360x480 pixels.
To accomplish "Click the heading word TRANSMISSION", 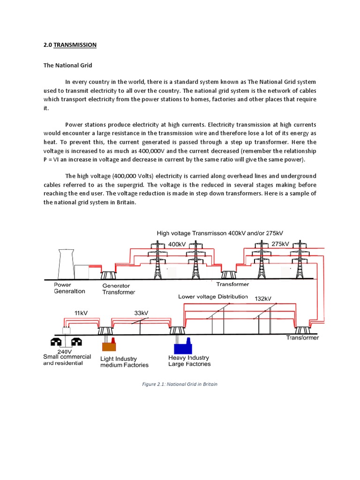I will pos(75,45).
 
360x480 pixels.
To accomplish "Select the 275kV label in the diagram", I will pos(280,244).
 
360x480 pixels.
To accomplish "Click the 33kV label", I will pos(141,313).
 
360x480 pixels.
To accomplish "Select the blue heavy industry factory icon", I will pos(182,346).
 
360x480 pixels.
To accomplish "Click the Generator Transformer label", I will pos(119,289).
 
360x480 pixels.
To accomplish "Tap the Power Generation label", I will pos(69,288).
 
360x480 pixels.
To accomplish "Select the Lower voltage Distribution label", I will pos(213,297).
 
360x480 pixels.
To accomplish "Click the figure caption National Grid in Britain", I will pos(180,384).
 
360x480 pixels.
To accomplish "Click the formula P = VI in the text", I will pos(54,159).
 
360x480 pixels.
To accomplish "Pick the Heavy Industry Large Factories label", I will pos(189,361).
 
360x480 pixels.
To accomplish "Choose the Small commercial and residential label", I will pos(67,360).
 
